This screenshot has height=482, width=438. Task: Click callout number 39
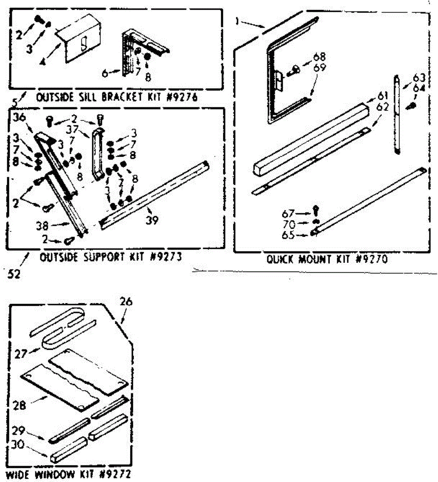click(152, 220)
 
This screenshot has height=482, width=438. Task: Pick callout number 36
click(19, 118)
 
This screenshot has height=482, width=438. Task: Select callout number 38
click(42, 226)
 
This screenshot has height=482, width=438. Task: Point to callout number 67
click(288, 214)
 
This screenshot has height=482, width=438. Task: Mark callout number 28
click(19, 405)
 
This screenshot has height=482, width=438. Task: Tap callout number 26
click(126, 301)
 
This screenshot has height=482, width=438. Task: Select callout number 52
click(13, 274)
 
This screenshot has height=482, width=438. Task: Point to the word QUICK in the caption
click(281, 259)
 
